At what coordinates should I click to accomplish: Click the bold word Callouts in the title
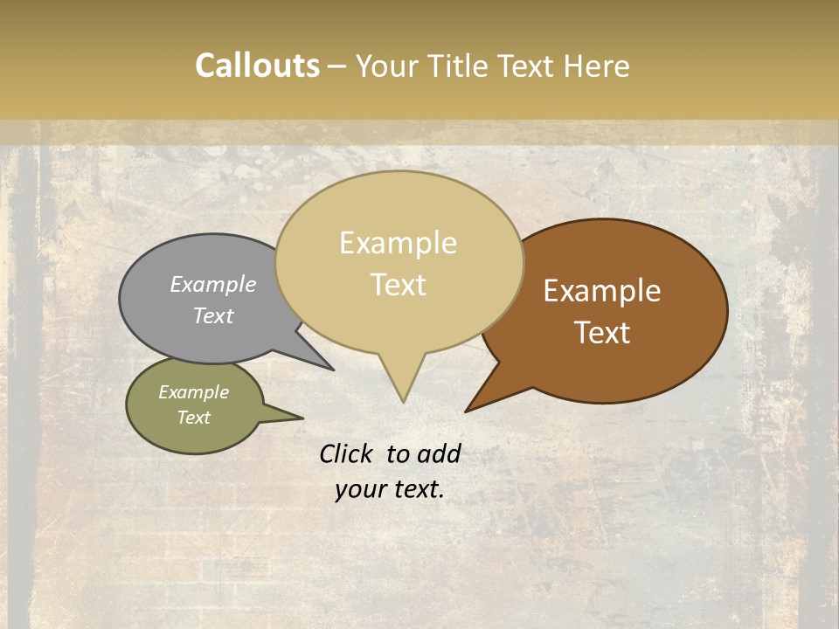pos(257,66)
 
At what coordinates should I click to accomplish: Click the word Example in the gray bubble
pos(213,284)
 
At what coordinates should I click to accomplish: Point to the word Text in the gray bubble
pos(213,315)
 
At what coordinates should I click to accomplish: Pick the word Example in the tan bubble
pos(398,243)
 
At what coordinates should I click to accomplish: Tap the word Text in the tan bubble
pos(398,285)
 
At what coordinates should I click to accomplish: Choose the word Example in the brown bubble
pos(602,291)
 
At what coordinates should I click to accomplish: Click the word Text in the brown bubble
pos(602,333)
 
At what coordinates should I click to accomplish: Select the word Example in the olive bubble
pos(194,392)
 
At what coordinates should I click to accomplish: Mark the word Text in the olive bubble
pos(194,418)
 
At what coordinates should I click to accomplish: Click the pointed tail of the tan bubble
pos(403,393)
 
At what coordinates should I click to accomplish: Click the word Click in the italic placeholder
pos(346,454)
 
